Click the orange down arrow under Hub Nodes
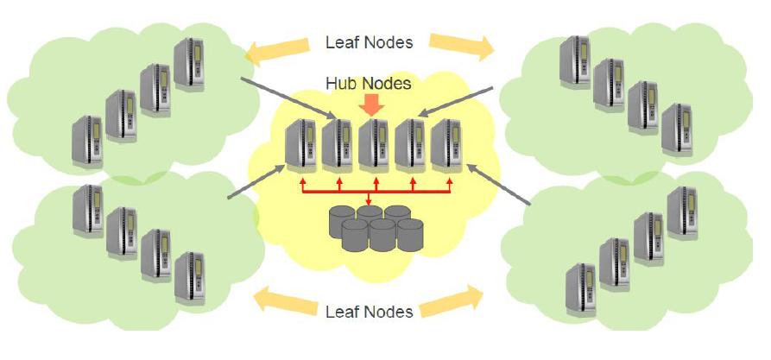point(372,105)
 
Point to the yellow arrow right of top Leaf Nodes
point(462,46)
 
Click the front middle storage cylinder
point(381,236)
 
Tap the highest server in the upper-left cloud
point(189,63)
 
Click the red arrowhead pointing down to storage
point(370,205)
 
